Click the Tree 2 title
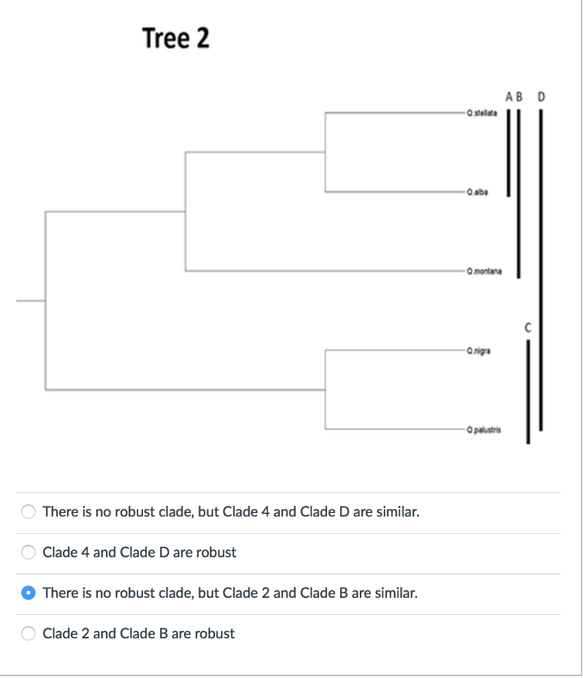(x=176, y=38)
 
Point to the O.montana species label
(x=484, y=271)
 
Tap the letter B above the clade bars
(x=519, y=97)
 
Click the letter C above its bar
(x=528, y=327)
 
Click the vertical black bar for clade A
(x=508, y=152)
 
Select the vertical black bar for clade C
(x=528, y=391)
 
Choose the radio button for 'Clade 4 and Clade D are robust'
(x=28, y=552)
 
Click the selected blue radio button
(x=28, y=593)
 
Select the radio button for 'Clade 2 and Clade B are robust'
(x=28, y=634)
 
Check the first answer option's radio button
(x=28, y=512)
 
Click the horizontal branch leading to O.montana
(x=324, y=271)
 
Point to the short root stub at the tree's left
(x=30, y=301)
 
